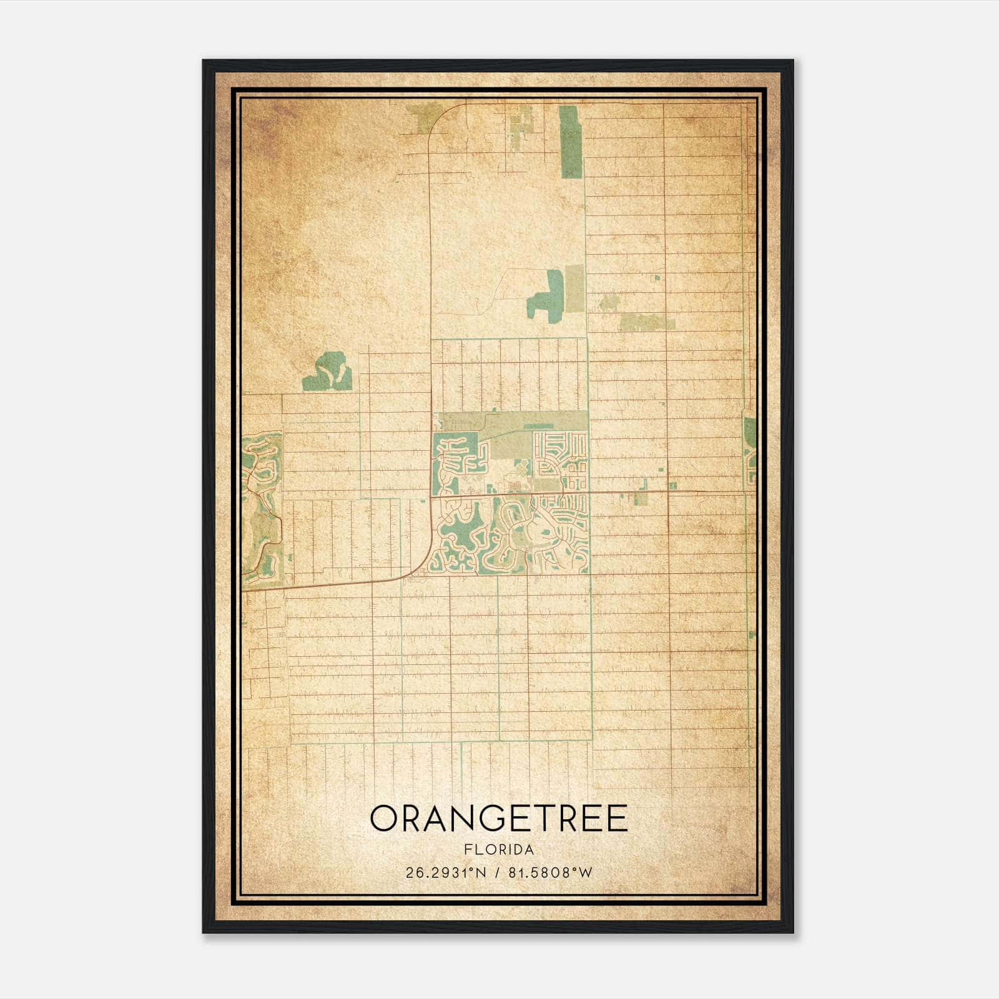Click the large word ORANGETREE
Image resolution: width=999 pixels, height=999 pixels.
tap(499, 819)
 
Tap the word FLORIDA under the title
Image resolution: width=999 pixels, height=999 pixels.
tap(499, 850)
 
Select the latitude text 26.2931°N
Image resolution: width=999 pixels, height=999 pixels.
tap(445, 873)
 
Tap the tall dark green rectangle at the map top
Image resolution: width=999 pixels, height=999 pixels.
tap(570, 142)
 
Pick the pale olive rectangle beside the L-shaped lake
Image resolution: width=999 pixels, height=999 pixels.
tap(574, 288)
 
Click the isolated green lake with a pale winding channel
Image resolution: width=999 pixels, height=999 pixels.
tap(328, 373)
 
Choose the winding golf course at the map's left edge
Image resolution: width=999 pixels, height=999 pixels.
tap(261, 499)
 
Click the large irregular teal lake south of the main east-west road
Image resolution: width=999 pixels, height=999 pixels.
tap(462, 531)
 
